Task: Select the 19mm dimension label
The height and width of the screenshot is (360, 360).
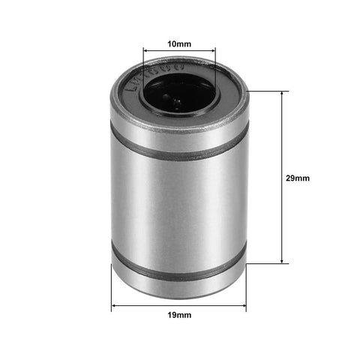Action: pyautogui.click(x=178, y=316)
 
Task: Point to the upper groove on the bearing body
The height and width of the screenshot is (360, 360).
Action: pyautogui.click(x=178, y=148)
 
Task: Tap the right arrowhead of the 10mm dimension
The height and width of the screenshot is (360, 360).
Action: pyautogui.click(x=212, y=52)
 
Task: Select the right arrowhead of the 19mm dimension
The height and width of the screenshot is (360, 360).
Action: pyautogui.click(x=242, y=307)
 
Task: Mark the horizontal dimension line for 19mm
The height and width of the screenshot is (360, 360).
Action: pyautogui.click(x=178, y=307)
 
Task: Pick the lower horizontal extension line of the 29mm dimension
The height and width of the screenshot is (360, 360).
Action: pyautogui.click(x=266, y=263)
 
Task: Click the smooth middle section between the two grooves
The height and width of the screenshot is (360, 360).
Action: pyautogui.click(x=178, y=206)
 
